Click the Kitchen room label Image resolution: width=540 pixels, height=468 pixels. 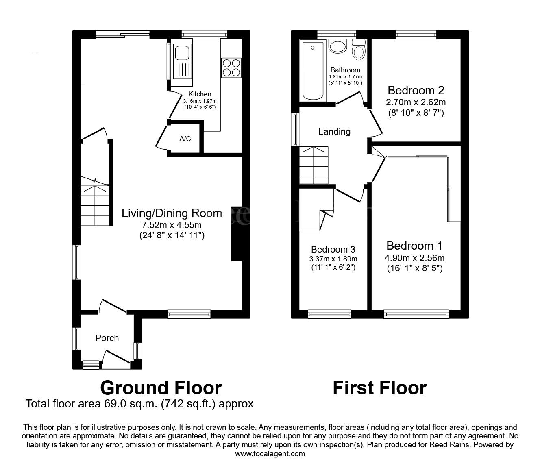click(200, 94)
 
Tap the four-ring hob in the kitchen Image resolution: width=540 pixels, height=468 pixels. click(231, 68)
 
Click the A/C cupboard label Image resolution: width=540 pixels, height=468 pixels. click(185, 139)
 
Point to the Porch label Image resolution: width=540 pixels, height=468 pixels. click(107, 338)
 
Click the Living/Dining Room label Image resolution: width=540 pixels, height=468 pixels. click(172, 213)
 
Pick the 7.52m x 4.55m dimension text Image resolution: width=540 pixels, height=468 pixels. click(172, 225)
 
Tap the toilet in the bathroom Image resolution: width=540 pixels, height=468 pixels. click(359, 50)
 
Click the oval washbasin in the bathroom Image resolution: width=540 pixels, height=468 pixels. click(338, 47)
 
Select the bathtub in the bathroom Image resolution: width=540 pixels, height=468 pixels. click(313, 71)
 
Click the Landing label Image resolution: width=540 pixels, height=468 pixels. click(334, 131)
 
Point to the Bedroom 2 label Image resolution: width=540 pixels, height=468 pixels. click(416, 90)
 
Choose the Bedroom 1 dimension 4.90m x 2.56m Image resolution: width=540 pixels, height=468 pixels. click(415, 258)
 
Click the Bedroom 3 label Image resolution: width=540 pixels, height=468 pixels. click(333, 249)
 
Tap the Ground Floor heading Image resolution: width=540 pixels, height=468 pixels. click(161, 388)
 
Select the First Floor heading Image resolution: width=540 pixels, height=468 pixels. click(380, 388)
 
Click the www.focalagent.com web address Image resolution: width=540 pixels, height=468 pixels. click(270, 454)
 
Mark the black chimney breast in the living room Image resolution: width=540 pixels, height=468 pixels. click(237, 234)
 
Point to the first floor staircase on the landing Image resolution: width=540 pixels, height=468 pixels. click(314, 165)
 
